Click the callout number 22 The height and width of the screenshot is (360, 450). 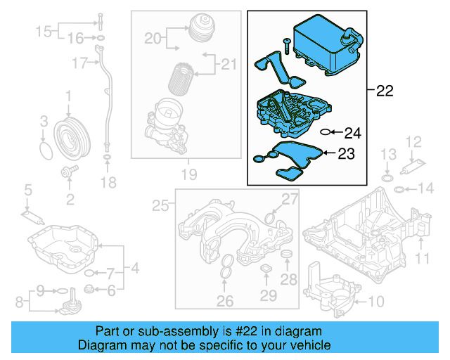385,91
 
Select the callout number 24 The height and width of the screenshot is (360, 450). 352,132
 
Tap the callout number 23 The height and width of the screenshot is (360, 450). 347,153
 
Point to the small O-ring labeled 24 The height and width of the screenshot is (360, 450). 325,131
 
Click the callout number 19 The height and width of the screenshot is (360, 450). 186,173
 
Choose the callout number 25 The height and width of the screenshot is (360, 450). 161,205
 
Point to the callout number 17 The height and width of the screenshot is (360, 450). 79,63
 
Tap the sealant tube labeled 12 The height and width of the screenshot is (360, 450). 411,167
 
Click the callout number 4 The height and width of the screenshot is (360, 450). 134,268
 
